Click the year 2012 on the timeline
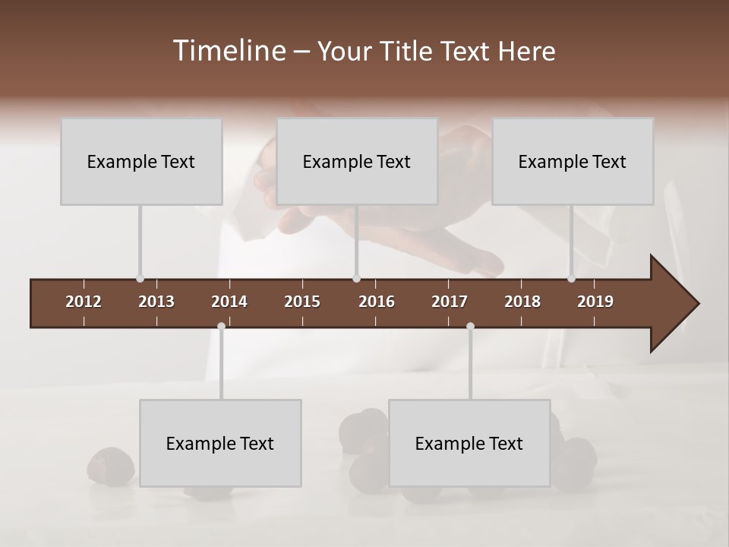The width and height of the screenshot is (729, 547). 84,302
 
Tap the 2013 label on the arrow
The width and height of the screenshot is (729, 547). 156,302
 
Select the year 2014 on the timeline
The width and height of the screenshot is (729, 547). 229,302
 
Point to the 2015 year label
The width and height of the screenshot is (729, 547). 302,302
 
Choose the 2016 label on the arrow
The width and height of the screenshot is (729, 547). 377,302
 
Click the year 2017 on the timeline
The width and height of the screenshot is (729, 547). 450,302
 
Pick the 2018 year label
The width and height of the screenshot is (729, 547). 522,302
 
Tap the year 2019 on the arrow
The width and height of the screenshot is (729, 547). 595,302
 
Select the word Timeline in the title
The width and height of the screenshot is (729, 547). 229,51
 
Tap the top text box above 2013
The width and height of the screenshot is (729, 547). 141,162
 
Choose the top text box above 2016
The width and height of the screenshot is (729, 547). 357,162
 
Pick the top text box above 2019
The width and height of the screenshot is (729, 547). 573,162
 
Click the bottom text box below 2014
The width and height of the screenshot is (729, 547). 220,443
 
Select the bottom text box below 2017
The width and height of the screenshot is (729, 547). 469,443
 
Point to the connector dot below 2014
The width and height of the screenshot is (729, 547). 221,327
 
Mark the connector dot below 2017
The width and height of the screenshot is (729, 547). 470,327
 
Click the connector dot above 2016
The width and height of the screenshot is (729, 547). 356,279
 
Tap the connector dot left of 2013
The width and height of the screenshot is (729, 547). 140,279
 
